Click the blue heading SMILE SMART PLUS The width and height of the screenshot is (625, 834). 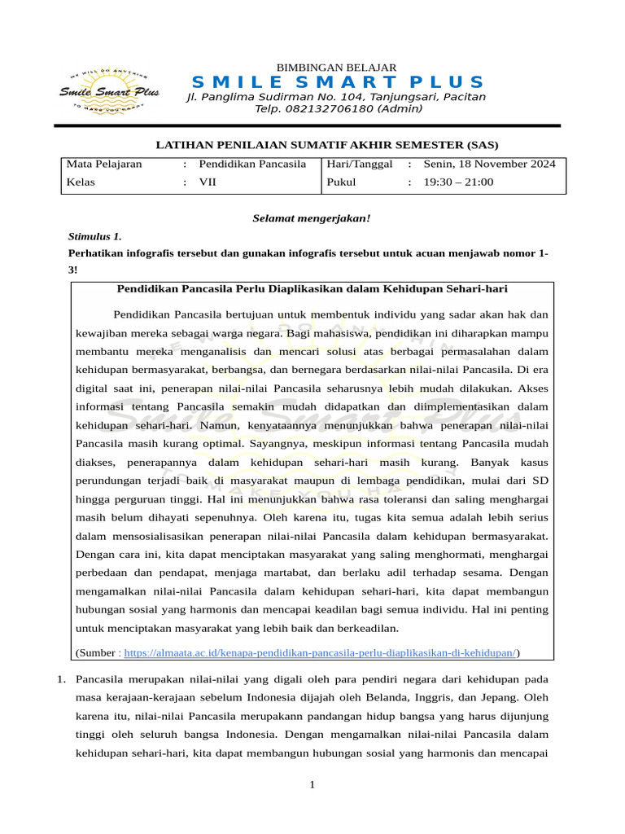(337, 82)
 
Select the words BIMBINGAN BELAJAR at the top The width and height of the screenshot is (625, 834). (337, 67)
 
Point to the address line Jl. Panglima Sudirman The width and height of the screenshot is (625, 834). (337, 97)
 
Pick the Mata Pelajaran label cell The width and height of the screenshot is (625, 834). (104, 164)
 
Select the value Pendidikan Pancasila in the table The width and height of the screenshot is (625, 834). (252, 164)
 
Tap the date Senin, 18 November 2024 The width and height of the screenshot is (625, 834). (489, 164)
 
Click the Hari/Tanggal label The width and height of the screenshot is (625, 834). (359, 164)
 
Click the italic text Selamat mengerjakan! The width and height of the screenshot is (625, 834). (312, 218)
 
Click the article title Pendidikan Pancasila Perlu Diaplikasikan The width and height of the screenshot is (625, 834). (313, 289)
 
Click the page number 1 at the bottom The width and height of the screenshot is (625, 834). (312, 785)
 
